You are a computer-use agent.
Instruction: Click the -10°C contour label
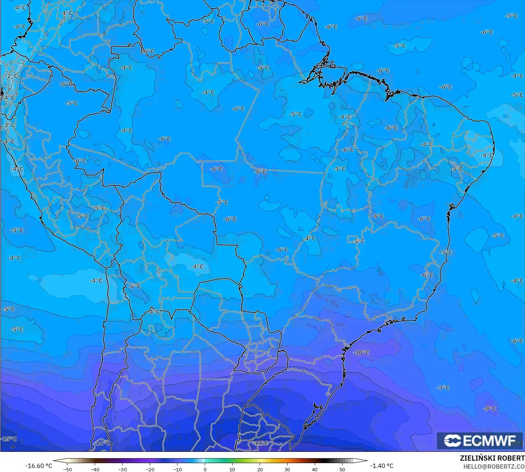coord(361,352)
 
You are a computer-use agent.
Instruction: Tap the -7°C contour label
coord(443,388)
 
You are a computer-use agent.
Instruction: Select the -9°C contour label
coord(489,409)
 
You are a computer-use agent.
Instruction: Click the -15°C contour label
coord(9,439)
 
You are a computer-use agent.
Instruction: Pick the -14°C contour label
coord(102,443)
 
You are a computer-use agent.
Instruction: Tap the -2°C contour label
coord(12,76)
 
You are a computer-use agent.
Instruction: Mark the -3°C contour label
coord(9,125)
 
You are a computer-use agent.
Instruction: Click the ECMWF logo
coord(480,440)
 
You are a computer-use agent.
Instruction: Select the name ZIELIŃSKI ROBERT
coord(492,458)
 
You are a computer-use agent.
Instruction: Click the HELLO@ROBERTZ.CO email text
coord(494,466)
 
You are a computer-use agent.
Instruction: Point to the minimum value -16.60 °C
coord(39,466)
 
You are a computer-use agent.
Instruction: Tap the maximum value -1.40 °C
coord(382,466)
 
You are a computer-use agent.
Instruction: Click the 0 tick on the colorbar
coord(205,469)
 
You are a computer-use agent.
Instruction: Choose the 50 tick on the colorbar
coord(342,469)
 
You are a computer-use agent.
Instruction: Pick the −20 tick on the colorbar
coord(150,469)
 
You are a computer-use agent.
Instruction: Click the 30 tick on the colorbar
coord(287,469)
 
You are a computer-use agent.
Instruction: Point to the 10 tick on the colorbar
coord(232,469)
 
